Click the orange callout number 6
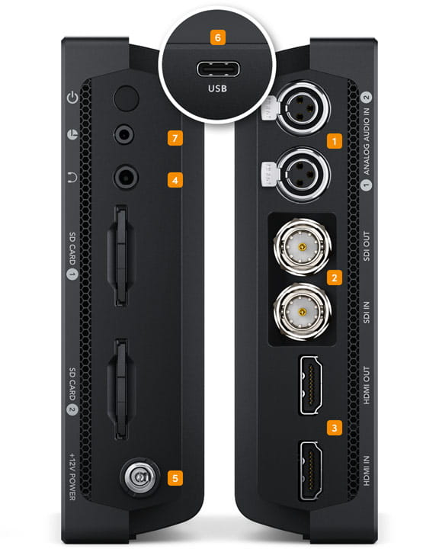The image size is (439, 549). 219,37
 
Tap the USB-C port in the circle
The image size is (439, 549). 219,70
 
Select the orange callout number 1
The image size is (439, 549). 332,140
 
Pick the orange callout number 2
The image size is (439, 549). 332,278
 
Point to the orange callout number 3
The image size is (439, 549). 332,428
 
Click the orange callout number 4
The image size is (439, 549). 176,180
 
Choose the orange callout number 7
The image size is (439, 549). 176,138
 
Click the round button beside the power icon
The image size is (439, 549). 124,97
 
